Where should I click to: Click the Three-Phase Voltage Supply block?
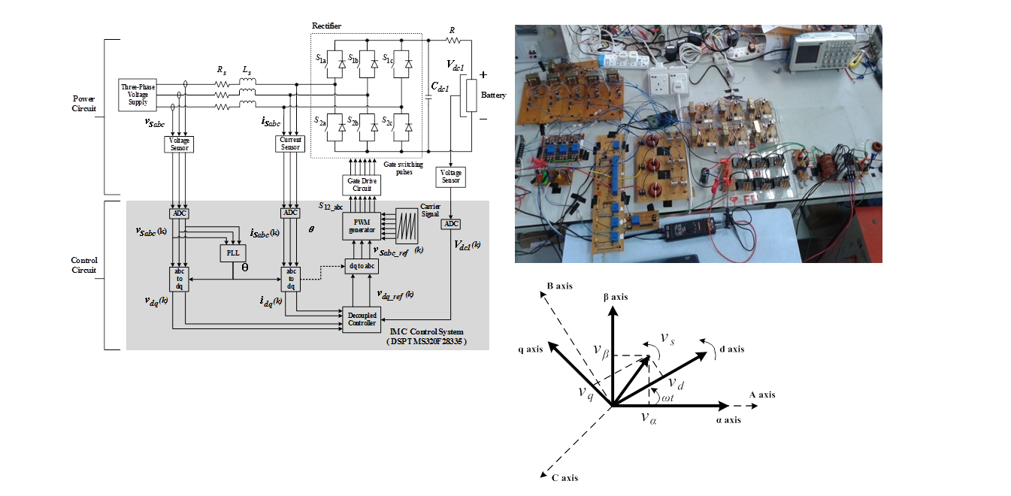click(x=138, y=94)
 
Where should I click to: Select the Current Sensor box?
click(x=290, y=143)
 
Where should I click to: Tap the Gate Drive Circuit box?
click(x=362, y=184)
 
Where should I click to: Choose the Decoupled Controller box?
click(x=362, y=318)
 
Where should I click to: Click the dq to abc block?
click(x=362, y=265)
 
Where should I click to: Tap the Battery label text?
click(x=494, y=95)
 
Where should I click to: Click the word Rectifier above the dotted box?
click(x=326, y=26)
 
